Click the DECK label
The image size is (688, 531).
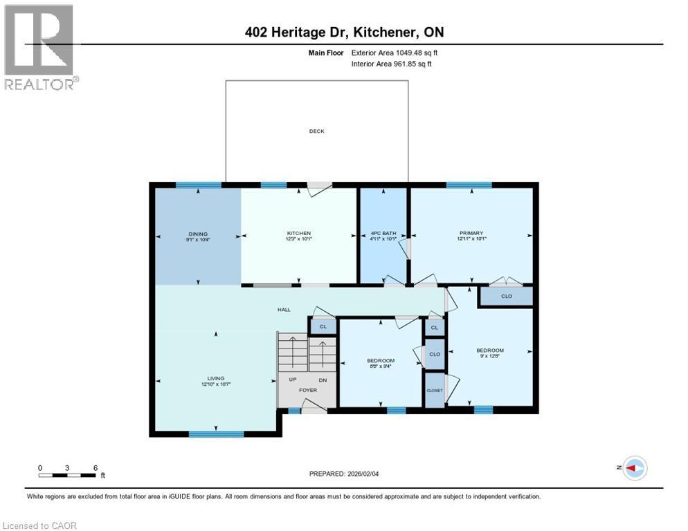coord(316,131)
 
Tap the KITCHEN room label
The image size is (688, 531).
coord(299,234)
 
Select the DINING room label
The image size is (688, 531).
coord(197,234)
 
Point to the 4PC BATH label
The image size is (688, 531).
coord(382,234)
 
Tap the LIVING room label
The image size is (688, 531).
coord(216,378)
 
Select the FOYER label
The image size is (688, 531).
coord(308,390)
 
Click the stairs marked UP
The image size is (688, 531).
coord(292,353)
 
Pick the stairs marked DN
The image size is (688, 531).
coord(322,353)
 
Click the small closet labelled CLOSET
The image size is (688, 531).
coord(434,390)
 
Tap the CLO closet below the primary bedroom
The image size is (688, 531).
coord(506,296)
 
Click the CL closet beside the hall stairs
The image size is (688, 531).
coord(323,326)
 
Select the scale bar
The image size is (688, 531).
coord(67,475)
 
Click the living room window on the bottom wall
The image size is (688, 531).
coord(216,434)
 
